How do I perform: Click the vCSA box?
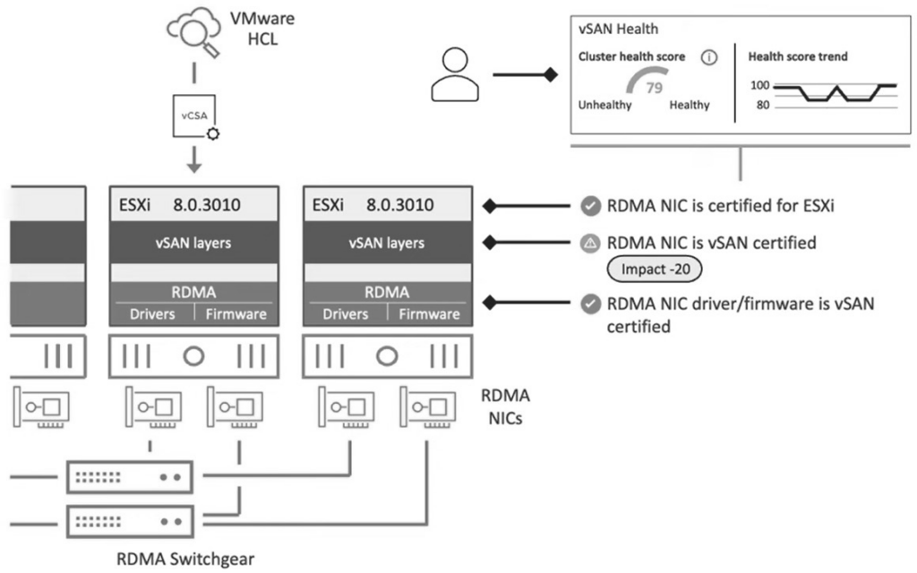(x=194, y=115)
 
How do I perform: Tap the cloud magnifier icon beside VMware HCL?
(x=193, y=31)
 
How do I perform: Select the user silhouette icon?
(x=455, y=75)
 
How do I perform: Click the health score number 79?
(x=654, y=88)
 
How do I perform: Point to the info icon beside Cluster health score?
(x=709, y=57)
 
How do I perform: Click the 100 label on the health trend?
(x=759, y=85)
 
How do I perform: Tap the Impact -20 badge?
(x=655, y=269)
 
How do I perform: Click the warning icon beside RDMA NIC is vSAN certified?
(x=590, y=244)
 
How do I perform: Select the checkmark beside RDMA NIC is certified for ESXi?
(x=590, y=206)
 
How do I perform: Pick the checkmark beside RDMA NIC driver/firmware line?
(x=590, y=304)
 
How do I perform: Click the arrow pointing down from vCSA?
(x=194, y=159)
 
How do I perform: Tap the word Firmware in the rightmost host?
(x=429, y=314)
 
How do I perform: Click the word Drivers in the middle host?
(x=152, y=314)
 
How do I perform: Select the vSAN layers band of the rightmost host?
(x=387, y=242)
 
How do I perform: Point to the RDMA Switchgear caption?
(x=185, y=559)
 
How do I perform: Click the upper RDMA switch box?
(x=130, y=477)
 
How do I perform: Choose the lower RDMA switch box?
(x=130, y=522)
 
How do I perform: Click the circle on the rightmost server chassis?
(x=387, y=355)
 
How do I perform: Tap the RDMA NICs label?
(x=505, y=407)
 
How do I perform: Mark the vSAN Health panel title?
(x=618, y=29)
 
